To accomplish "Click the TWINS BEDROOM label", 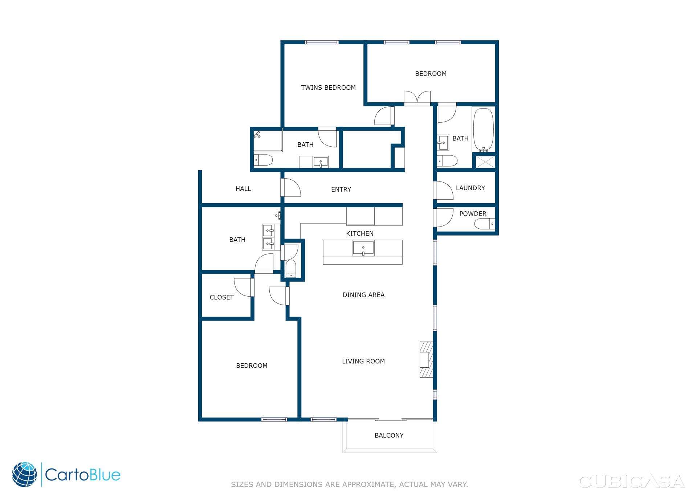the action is point(328,87).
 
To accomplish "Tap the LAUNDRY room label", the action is point(470,188).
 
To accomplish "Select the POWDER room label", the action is point(473,214).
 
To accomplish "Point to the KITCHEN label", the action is point(360,233).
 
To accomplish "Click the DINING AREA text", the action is point(363,295).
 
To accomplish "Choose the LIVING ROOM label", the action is point(363,361).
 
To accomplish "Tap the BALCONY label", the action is point(389,435).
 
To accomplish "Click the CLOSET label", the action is point(221,297).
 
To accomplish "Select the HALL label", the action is point(243,189).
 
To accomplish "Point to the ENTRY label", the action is point(341,190).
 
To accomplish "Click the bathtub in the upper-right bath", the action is point(483,129).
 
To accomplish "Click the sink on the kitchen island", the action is point(363,248).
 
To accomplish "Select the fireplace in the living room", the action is point(427,359).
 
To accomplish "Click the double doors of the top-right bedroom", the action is point(417,98).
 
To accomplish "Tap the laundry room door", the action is point(444,190).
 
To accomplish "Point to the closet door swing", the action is point(243,287).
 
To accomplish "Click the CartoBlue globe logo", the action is point(25,474).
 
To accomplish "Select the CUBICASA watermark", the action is point(632,481).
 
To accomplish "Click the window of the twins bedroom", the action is point(322,42).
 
